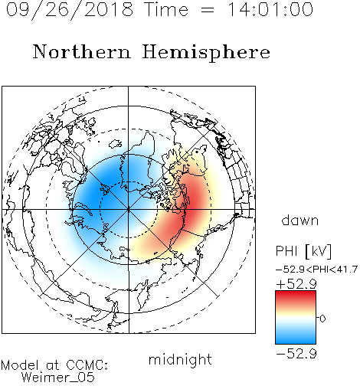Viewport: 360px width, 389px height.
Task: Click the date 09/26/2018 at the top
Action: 70,10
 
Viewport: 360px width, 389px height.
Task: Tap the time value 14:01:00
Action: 270,9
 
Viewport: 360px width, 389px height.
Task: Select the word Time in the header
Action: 166,9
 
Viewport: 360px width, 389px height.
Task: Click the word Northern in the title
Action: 82,51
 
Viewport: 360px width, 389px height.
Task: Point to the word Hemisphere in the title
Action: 206,53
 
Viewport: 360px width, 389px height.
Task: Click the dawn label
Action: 300,221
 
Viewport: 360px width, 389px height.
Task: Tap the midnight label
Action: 180,360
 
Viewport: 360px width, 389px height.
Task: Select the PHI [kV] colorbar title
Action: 303,251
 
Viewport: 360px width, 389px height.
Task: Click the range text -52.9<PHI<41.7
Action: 316,270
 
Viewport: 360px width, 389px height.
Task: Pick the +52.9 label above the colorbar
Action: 296,284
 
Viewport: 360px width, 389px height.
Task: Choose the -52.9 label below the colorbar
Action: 296,354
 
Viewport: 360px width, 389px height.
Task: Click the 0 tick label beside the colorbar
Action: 322,319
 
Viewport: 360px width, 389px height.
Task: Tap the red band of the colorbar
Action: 296,296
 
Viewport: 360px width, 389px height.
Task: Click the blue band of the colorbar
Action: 296,338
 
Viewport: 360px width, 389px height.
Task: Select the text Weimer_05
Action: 58,378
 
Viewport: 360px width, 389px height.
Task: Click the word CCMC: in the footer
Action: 87,365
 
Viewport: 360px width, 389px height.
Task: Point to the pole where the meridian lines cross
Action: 129,210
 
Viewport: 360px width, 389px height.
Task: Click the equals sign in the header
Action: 208,11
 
